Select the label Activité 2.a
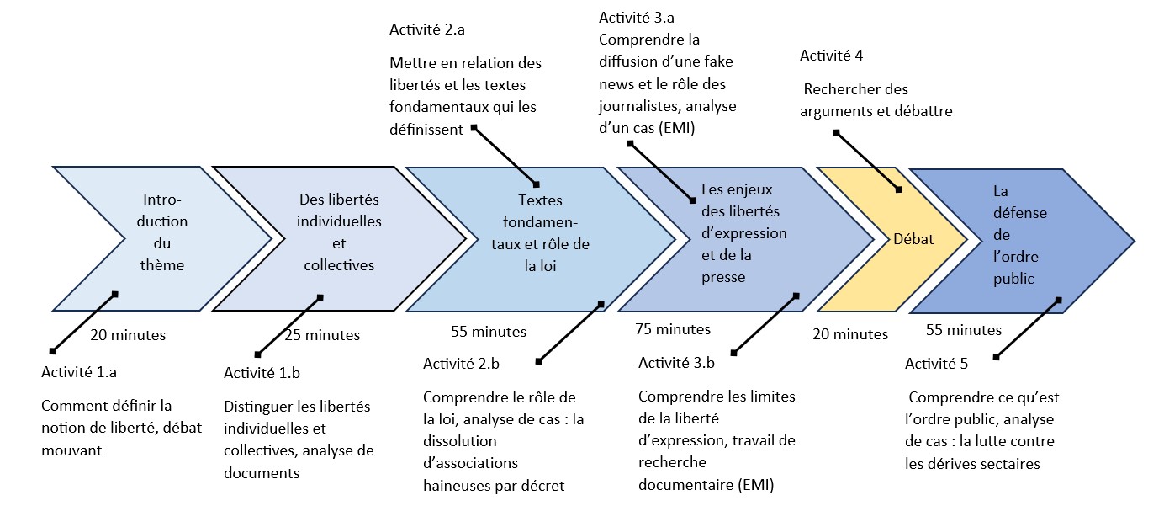tap(427, 29)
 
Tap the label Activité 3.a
tap(637, 18)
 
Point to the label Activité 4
tap(832, 56)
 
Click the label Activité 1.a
tap(79, 372)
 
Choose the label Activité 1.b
tap(262, 373)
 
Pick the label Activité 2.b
tap(461, 364)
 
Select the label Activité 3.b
tap(676, 363)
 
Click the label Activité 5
tap(936, 364)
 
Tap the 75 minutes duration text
tap(673, 329)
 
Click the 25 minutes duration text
tap(322, 335)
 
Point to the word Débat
tap(913, 239)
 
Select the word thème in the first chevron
tap(162, 265)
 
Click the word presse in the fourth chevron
tap(723, 278)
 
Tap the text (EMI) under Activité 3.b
tap(755, 485)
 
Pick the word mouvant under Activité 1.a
tap(71, 450)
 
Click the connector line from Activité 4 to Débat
tap(867, 161)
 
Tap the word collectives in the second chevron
tap(339, 265)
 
